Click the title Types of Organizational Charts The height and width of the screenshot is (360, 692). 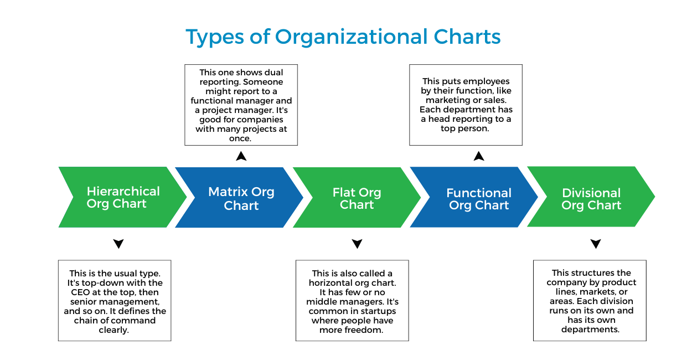(343, 37)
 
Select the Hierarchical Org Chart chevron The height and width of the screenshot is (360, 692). (122, 197)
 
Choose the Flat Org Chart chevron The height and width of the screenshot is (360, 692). (357, 198)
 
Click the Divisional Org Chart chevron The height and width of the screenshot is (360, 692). (591, 198)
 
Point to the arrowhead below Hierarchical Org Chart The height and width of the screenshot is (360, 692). (118, 244)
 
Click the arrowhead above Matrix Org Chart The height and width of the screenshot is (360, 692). (241, 156)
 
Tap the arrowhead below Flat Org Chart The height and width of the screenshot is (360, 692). (357, 244)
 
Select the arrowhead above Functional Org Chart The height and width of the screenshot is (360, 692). (479, 156)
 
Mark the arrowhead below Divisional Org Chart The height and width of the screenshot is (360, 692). (596, 244)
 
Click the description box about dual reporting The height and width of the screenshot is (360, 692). (241, 105)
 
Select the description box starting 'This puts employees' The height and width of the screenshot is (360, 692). (466, 105)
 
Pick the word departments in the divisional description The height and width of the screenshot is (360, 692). (590, 330)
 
